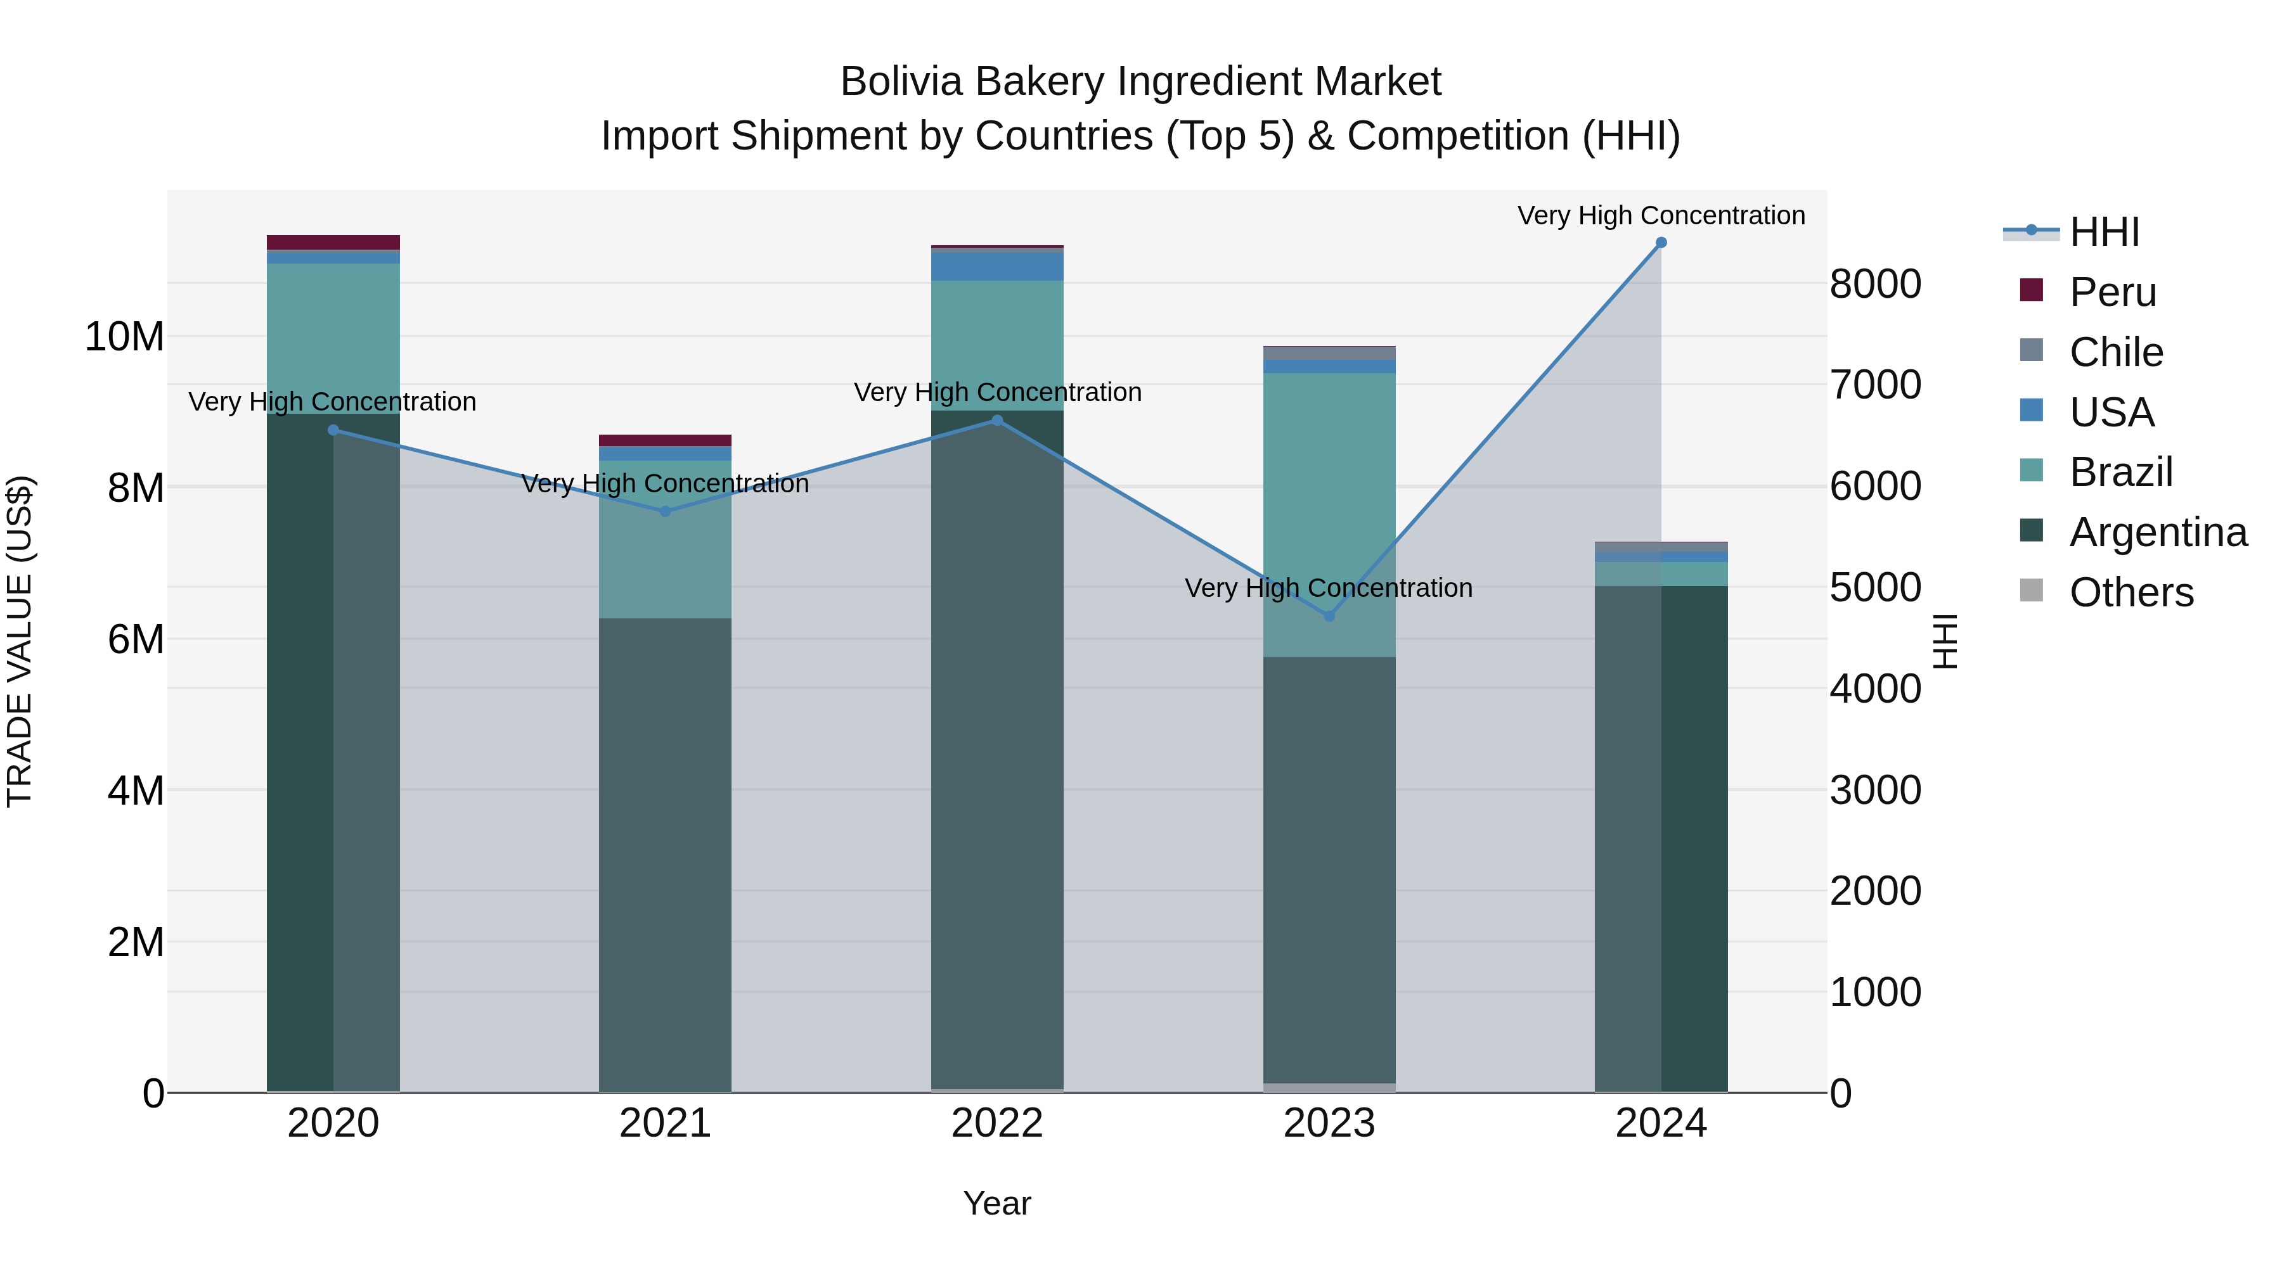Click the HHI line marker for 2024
pos(1661,243)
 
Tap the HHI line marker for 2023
pos(1329,615)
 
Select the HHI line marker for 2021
pos(666,511)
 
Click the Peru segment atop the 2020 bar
pos(333,242)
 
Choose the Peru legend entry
pos(2113,292)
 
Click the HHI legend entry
pos(2104,232)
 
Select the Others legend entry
pos(2131,592)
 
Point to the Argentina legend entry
pos(2157,532)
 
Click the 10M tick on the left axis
pos(124,336)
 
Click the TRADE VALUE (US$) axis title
pos(20,641)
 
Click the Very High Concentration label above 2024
pos(1661,215)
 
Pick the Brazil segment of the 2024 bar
pos(1661,574)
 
